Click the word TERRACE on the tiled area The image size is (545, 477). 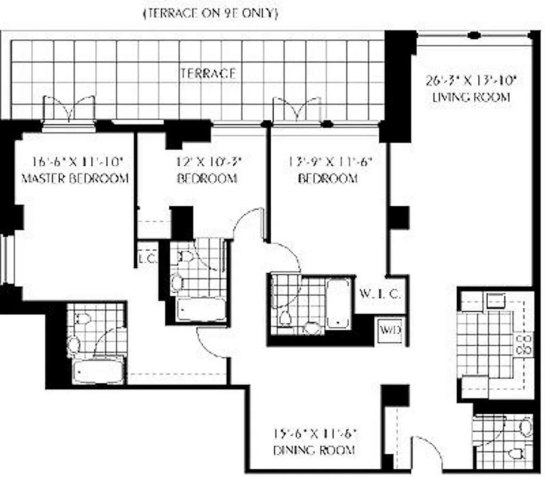click(208, 73)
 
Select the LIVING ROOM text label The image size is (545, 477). click(471, 97)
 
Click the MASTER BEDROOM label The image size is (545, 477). click(75, 178)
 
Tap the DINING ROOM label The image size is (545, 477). click(314, 450)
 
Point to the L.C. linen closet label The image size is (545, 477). click(147, 259)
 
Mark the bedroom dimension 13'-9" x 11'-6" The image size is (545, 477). click(327, 161)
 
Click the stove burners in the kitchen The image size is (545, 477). click(525, 345)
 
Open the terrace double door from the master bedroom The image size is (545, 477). click(70, 111)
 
